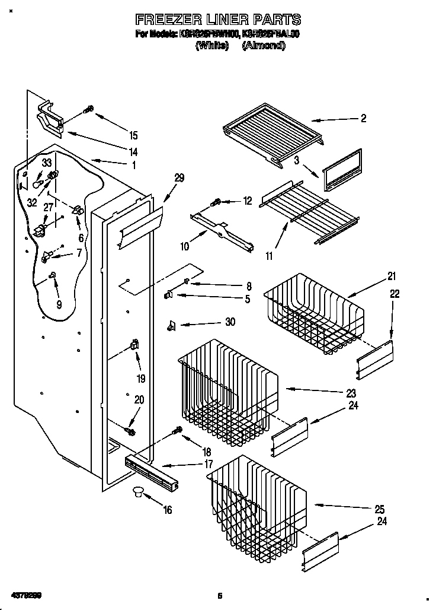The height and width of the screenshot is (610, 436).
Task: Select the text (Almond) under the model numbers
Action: pyautogui.click(x=264, y=46)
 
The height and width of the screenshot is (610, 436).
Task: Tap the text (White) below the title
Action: pyautogui.click(x=212, y=46)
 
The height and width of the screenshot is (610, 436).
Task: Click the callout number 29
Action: pyautogui.click(x=179, y=177)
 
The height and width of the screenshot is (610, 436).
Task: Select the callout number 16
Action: pyautogui.click(x=168, y=510)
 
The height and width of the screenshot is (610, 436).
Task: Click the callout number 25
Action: pyautogui.click(x=380, y=509)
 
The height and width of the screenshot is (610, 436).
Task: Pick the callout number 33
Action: pyautogui.click(x=47, y=162)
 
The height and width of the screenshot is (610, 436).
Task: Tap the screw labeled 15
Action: pyautogui.click(x=89, y=109)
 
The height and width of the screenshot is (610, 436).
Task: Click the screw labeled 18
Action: pyautogui.click(x=177, y=430)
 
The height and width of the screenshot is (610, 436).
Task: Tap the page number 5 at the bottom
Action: pyautogui.click(x=219, y=595)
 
